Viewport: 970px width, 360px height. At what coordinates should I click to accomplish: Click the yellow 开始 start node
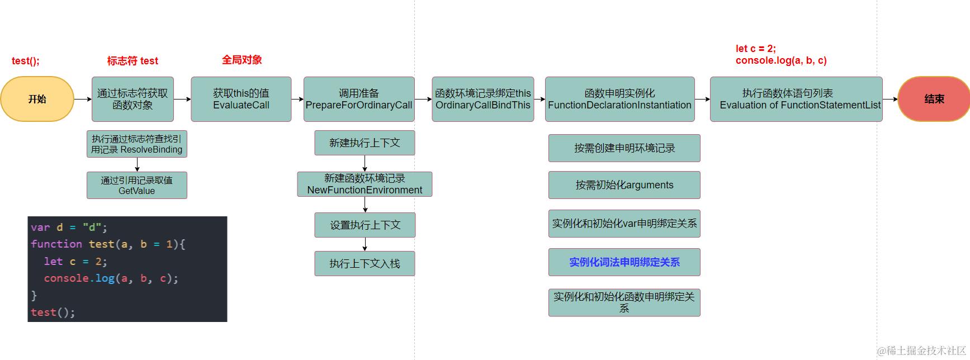tap(37, 99)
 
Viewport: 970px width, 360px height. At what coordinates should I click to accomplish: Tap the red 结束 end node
tap(934, 99)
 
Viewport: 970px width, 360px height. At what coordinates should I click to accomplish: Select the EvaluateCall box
tap(241, 99)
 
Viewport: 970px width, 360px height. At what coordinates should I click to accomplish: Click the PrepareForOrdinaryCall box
tap(359, 99)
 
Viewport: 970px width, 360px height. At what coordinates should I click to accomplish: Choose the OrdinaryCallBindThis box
tap(483, 99)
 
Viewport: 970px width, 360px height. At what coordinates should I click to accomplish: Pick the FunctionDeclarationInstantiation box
tap(619, 99)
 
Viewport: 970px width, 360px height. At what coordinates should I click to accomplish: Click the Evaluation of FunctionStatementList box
tap(796, 99)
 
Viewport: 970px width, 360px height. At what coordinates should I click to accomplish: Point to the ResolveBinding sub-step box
tap(137, 144)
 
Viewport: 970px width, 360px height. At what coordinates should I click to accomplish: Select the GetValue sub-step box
tap(137, 185)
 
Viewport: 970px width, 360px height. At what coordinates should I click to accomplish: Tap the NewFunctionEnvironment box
tap(365, 184)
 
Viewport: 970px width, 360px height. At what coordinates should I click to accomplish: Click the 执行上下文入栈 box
tap(365, 263)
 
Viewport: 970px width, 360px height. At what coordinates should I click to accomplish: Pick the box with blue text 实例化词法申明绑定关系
tap(624, 262)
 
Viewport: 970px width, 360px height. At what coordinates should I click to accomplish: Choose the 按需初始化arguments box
tap(624, 185)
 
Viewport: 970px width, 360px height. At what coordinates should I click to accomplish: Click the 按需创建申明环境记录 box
tap(624, 148)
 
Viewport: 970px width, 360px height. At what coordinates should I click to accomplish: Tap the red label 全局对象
tap(242, 60)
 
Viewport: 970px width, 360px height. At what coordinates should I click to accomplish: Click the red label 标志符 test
tap(133, 61)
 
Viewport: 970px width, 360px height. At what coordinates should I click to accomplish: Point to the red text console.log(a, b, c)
tap(780, 60)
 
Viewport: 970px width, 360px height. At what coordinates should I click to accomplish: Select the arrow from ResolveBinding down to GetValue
tap(137, 165)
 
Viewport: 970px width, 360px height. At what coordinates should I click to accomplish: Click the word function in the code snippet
tap(56, 244)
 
